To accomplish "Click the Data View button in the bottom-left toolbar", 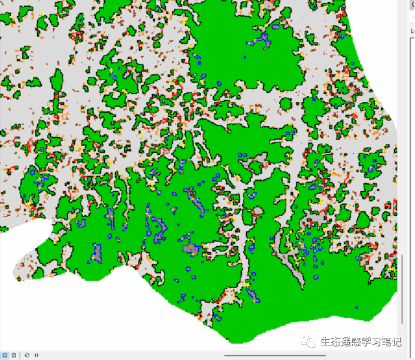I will [x=5, y=355].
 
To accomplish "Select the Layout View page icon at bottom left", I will [x=13, y=355].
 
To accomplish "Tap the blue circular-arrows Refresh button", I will [x=27, y=355].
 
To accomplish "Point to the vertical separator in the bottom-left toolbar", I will [x=20, y=355].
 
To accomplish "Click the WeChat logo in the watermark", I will [x=310, y=342].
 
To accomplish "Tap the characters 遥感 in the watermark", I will [x=350, y=342].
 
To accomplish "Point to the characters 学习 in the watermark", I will [x=371, y=342].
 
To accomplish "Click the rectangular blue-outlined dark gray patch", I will [x=190, y=249].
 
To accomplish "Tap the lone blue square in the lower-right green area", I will [x=357, y=307].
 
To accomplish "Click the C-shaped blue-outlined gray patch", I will [x=157, y=229].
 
